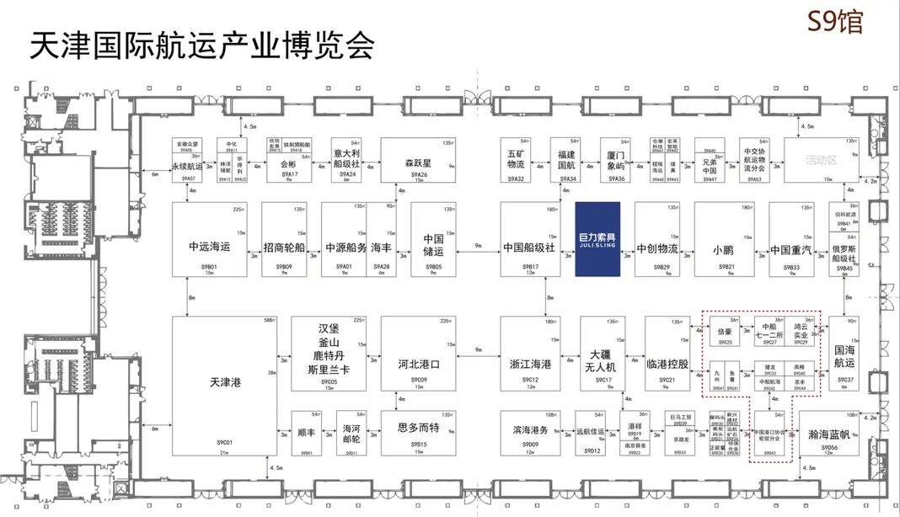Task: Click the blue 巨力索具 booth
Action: (597, 239)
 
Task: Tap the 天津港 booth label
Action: (225, 382)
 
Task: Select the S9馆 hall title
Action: (834, 22)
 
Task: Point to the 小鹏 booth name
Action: (723, 248)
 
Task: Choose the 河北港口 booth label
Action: (418, 365)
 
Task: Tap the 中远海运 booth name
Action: (210, 248)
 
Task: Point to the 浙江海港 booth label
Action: (530, 365)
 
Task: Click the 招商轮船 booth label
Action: (287, 248)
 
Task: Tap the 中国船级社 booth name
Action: (529, 248)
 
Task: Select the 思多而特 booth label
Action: (418, 427)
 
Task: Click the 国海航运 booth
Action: (844, 356)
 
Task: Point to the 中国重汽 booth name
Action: (790, 248)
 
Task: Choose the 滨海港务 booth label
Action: (530, 429)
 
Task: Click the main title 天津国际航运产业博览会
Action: (202, 45)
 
